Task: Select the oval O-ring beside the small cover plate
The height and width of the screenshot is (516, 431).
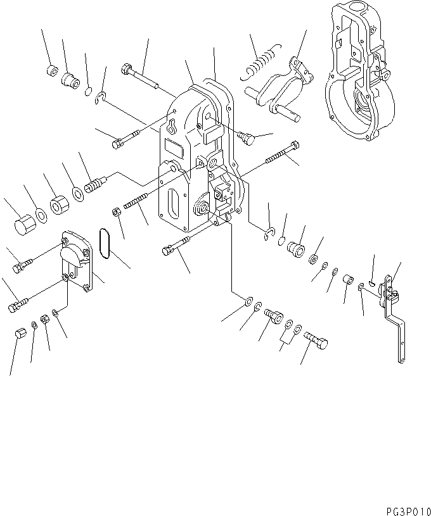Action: click(x=105, y=244)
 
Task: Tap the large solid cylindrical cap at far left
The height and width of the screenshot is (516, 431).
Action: click(x=23, y=224)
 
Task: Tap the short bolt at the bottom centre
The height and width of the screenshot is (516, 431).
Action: click(x=318, y=340)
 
